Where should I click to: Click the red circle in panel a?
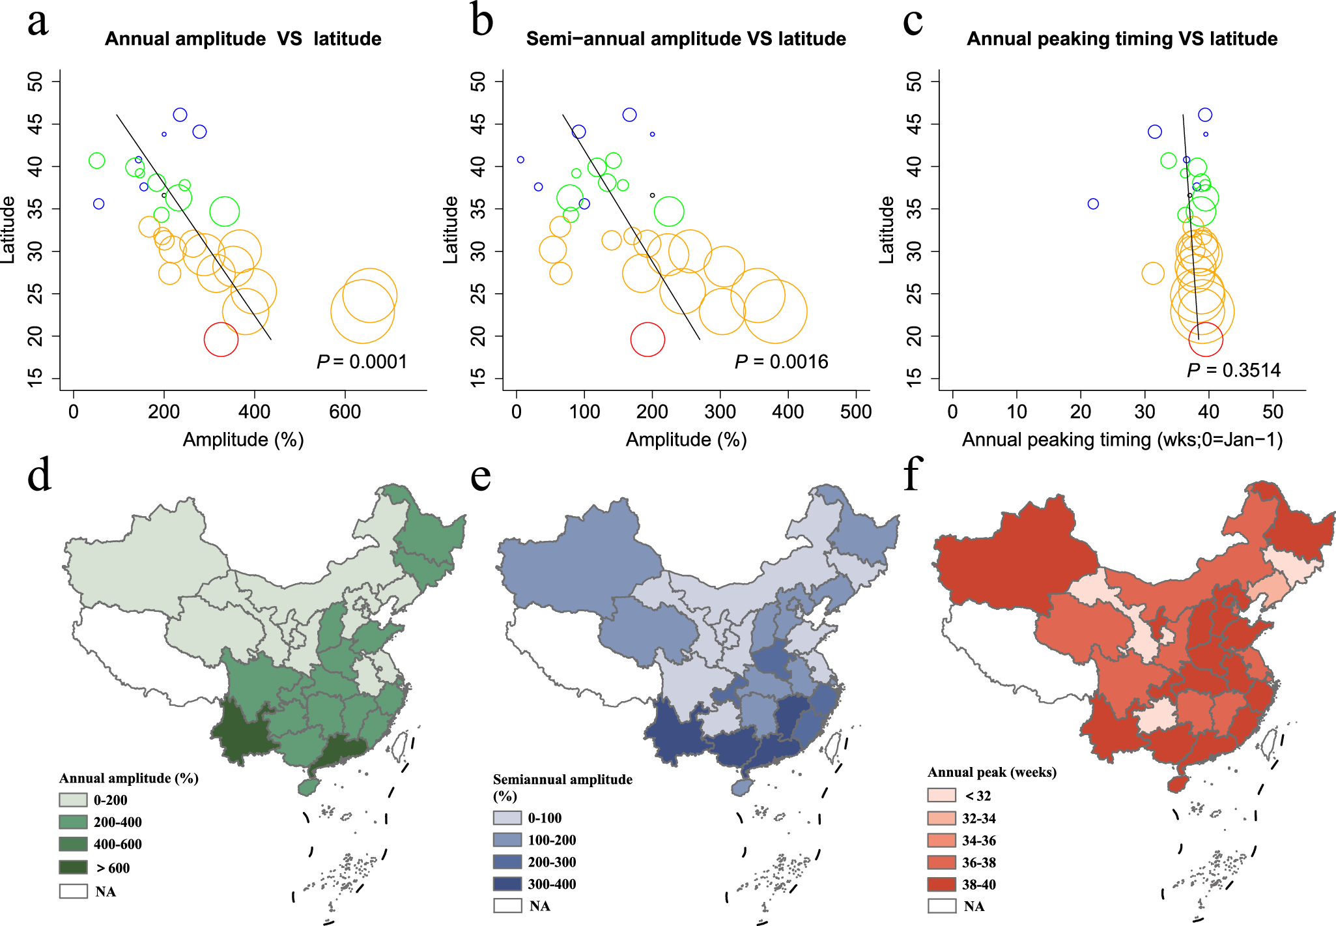click(221, 340)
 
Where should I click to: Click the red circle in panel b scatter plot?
click(647, 340)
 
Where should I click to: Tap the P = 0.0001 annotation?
click(362, 362)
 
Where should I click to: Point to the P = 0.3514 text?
click(1233, 370)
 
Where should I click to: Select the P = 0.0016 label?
click(781, 362)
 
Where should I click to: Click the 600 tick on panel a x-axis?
click(345, 412)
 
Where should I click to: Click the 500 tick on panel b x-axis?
click(855, 412)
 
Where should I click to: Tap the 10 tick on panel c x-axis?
click(1017, 412)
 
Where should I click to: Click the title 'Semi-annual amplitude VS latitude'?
click(685, 39)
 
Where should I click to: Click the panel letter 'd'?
click(39, 475)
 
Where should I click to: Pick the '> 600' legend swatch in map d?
click(73, 867)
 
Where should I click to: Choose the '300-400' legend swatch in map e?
click(507, 884)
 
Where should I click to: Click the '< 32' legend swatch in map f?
click(941, 795)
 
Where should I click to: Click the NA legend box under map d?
click(73, 891)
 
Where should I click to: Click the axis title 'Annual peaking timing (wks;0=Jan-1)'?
click(1122, 440)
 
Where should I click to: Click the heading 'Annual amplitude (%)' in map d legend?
click(128, 778)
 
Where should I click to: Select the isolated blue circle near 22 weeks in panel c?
click(1093, 204)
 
